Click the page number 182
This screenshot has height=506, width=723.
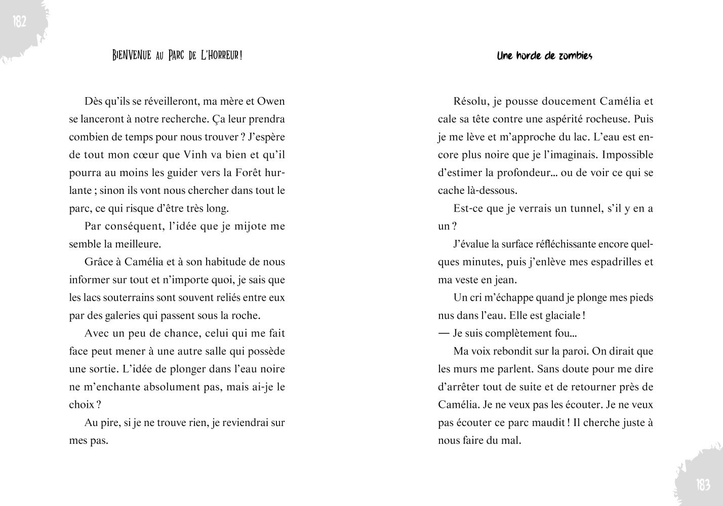(19, 22)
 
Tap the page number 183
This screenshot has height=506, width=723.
(703, 485)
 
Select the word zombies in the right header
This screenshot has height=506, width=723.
(575, 56)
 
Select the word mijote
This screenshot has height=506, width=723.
(251, 226)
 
